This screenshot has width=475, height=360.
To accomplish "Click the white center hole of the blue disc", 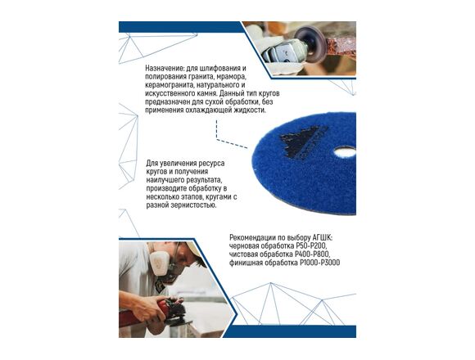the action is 346,152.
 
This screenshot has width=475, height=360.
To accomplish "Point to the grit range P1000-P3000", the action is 320,263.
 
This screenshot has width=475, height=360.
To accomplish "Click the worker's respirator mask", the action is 164,263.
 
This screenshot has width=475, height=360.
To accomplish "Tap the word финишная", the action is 246,263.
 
